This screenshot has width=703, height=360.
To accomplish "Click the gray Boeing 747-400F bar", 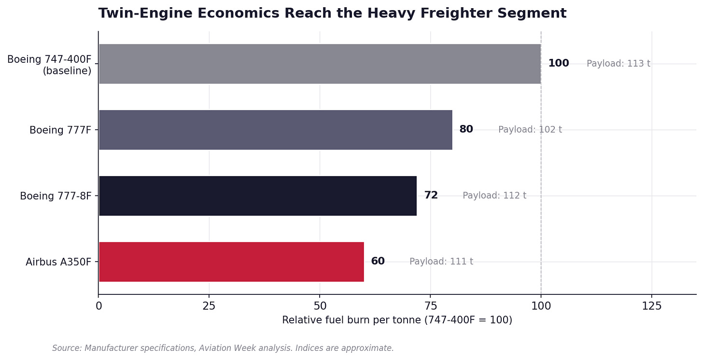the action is (x=320, y=64).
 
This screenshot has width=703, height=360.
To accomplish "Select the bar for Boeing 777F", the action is (x=276, y=130).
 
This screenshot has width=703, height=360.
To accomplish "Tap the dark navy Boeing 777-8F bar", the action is (x=258, y=195).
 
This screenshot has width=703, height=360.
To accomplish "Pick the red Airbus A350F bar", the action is (x=231, y=262).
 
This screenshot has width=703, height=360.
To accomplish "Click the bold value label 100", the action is (x=558, y=63).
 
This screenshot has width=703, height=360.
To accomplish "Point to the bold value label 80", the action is (x=466, y=129).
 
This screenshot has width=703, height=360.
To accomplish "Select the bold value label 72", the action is (x=431, y=195).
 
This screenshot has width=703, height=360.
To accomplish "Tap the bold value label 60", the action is (x=378, y=261).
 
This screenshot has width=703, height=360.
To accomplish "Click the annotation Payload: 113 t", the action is (x=618, y=63).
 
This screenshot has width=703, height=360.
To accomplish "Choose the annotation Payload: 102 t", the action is (x=530, y=129).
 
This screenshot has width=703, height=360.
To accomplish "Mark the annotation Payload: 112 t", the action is (x=494, y=195).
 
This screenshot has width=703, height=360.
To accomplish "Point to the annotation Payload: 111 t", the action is (x=441, y=262).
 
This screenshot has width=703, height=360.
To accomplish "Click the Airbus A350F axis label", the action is (x=58, y=262).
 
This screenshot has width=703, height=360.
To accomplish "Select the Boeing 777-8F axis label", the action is (x=56, y=196).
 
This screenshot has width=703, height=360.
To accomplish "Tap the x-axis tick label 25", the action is (x=209, y=306).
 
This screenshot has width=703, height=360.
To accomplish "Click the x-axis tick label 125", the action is (x=651, y=306).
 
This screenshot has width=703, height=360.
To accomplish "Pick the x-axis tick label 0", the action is (x=98, y=306).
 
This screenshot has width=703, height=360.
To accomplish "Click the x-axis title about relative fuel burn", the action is (x=397, y=320).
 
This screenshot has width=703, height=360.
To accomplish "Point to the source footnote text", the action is (x=223, y=348).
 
